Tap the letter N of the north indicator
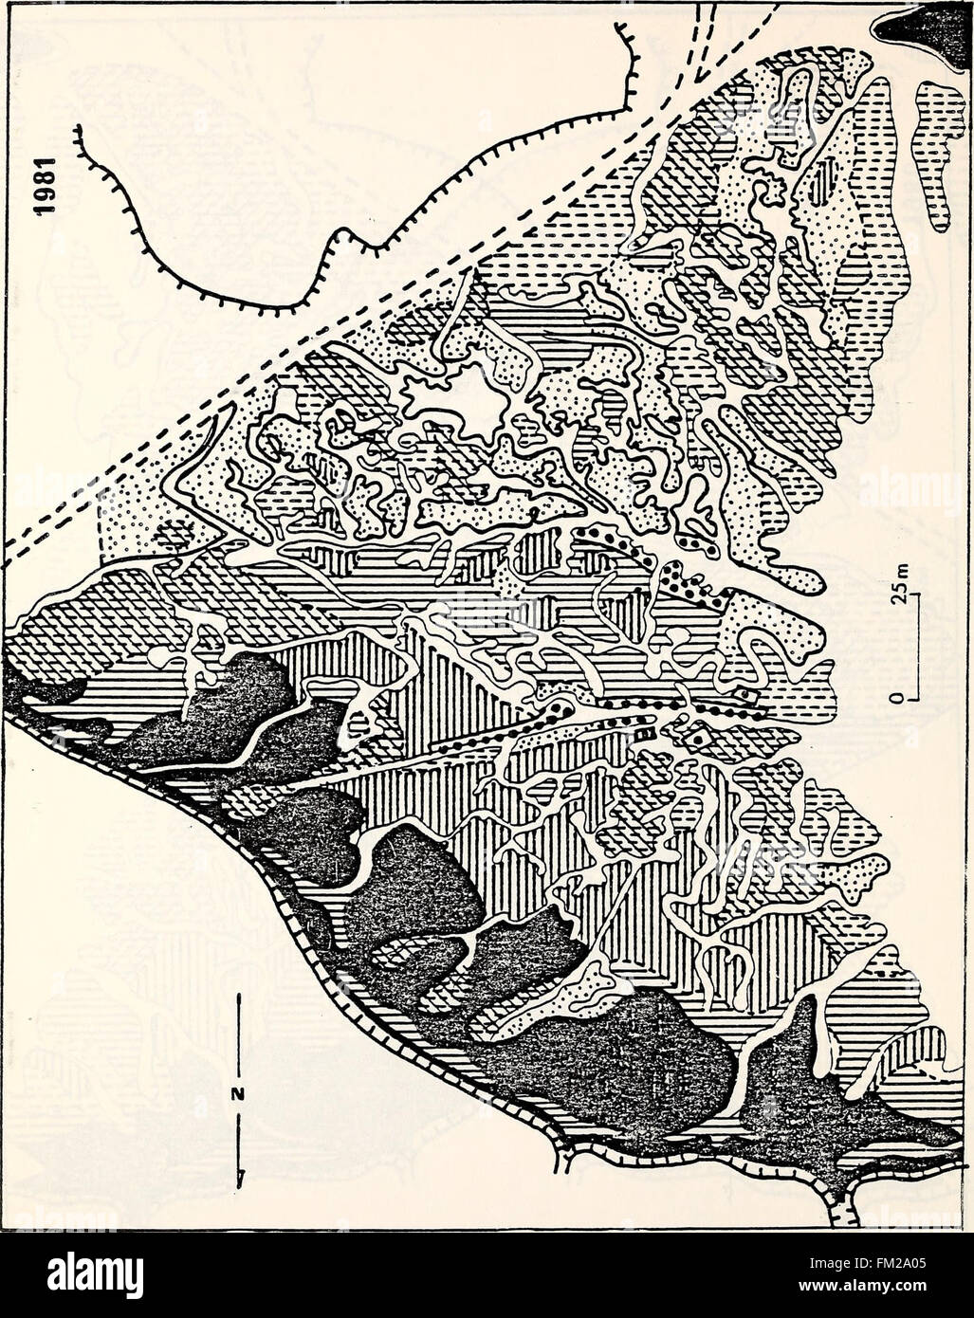(x=238, y=1092)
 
